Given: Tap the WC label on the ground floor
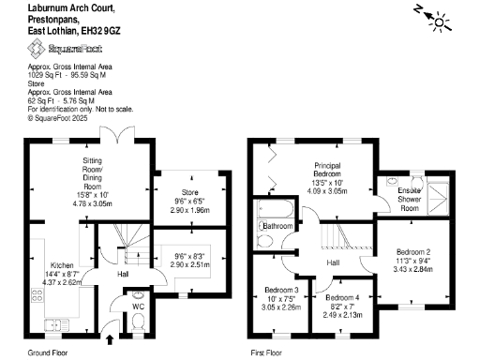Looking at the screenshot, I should coord(138,306).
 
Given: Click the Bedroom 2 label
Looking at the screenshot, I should coord(412,252).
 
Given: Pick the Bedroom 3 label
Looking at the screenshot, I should coord(281,290).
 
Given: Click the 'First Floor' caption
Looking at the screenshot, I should coord(267,352).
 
